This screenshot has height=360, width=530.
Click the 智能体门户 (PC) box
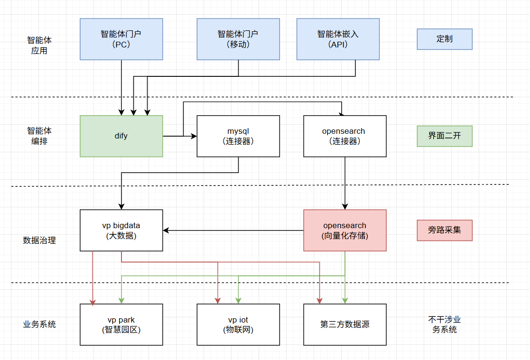121,39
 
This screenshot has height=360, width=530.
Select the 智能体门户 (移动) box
238,39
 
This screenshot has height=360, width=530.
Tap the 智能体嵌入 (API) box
338,39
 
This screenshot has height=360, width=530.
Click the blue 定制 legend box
445,39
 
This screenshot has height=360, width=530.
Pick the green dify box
121,136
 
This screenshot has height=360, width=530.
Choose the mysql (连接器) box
238,136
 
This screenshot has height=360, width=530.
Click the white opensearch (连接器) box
344,136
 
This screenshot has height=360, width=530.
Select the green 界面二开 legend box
445,136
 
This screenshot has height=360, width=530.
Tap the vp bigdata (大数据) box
121,231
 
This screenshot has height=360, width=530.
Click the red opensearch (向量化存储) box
344,231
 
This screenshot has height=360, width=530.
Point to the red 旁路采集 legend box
445,231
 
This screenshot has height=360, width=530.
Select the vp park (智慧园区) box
121,325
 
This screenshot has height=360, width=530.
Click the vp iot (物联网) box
238,325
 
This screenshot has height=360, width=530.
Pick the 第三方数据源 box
344,325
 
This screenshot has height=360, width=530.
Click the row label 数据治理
39,240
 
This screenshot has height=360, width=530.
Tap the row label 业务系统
39,325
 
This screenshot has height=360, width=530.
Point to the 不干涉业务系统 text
445,324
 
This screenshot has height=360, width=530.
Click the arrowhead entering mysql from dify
194,136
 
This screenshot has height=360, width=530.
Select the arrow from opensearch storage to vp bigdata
232,231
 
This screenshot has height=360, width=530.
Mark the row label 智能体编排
39,136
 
